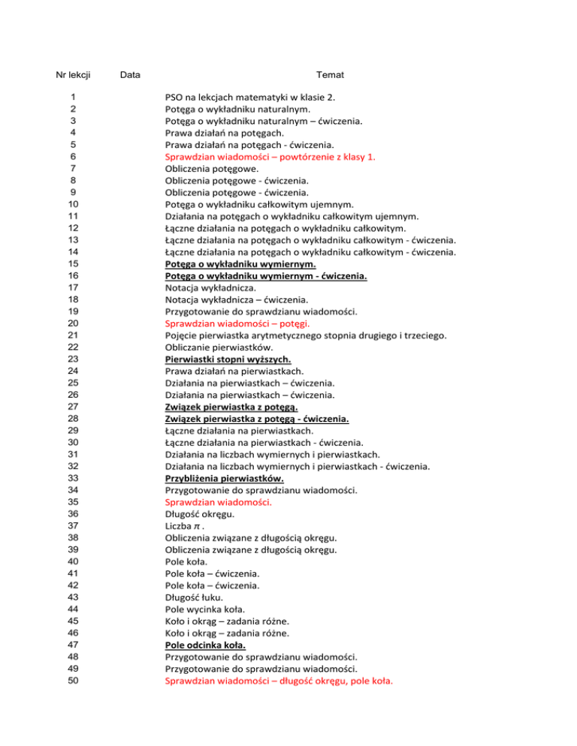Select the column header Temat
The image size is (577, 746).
coord(331,75)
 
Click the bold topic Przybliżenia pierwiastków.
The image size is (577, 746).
coord(224,478)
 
